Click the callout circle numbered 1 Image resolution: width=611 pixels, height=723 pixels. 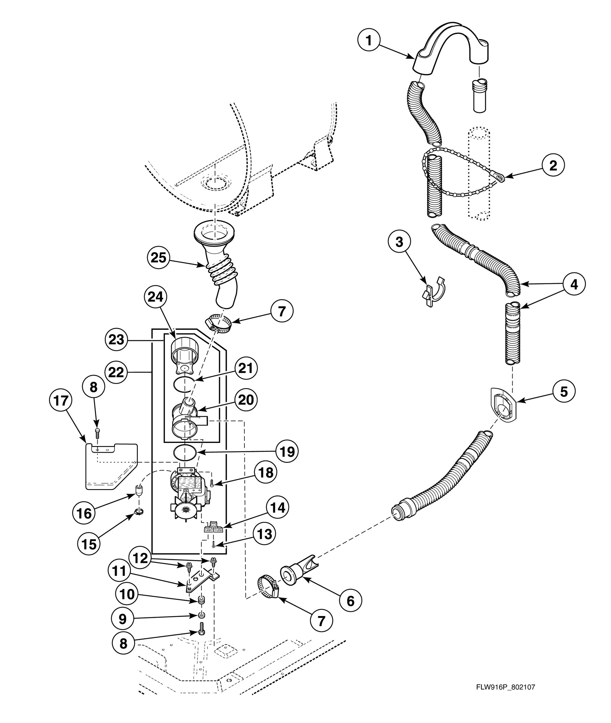click(x=368, y=40)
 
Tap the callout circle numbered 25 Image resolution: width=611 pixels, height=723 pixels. click(x=158, y=257)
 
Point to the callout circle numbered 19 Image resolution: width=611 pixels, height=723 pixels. click(x=287, y=451)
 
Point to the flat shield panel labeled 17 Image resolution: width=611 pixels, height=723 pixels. click(x=110, y=466)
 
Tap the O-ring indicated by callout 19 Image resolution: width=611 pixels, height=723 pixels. click(x=185, y=452)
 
